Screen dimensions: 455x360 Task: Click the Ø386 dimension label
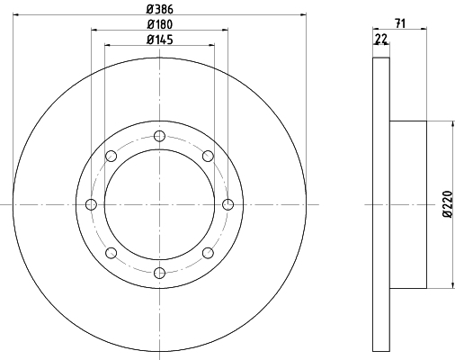pos(160,9)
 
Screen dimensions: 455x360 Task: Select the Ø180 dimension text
pos(160,24)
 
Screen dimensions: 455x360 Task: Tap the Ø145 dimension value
pos(160,40)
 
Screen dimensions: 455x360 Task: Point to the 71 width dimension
pos(400,23)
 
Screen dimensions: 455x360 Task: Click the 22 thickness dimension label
pos(381,39)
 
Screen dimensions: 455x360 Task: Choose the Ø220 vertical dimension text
pos(448,203)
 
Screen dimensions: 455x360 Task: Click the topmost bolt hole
pos(159,136)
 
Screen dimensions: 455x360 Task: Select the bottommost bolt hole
pos(159,273)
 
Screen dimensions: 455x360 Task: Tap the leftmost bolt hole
pos(91,204)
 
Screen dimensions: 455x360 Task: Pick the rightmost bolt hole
pos(228,204)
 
